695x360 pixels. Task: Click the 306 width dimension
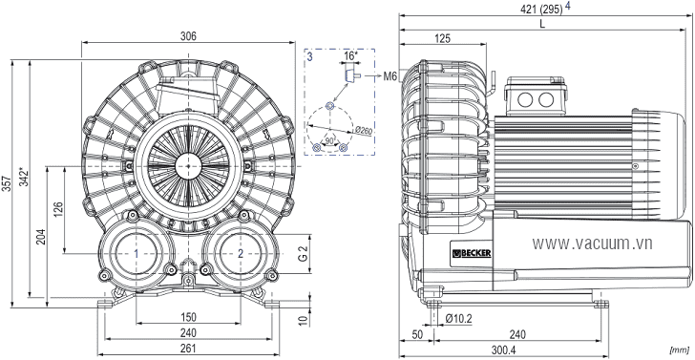tap(188, 36)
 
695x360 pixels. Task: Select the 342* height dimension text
tap(25, 177)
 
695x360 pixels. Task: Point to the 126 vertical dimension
tap(58, 209)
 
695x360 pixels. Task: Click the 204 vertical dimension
tap(41, 237)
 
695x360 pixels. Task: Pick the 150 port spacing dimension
tap(188, 317)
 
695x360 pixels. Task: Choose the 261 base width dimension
tap(188, 349)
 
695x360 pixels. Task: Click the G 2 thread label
tap(303, 254)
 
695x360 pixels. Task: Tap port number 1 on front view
tap(137, 254)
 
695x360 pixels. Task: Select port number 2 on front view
tap(241, 254)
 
